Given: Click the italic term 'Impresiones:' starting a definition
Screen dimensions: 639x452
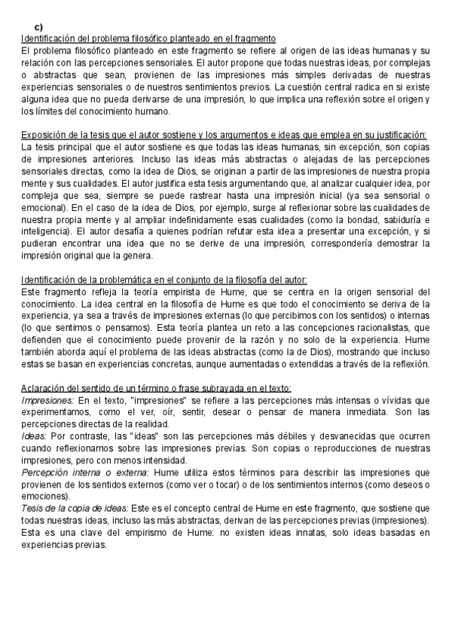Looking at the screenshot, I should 47,399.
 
